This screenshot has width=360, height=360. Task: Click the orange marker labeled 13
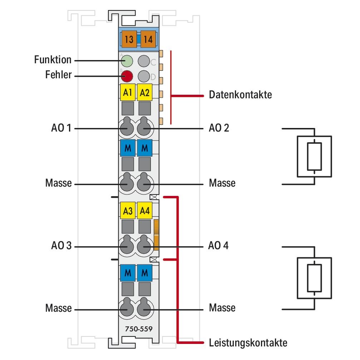pos(129,39)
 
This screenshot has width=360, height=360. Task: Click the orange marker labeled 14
pos(148,39)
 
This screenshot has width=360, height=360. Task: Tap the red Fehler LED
pos(127,76)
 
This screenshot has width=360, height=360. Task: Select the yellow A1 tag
pos(127,93)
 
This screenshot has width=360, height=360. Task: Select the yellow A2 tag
pos(145,93)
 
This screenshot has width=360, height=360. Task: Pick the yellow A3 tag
pos(127,211)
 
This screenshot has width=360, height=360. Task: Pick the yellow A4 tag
pos(145,211)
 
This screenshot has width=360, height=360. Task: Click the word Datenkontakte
pos(240,95)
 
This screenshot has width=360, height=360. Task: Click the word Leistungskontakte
pos(248,343)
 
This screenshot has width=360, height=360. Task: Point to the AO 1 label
pos(60,128)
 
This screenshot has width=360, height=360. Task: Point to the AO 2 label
pos(219,128)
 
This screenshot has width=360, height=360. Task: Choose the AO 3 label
pos(60,246)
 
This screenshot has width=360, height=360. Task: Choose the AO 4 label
pos(219,246)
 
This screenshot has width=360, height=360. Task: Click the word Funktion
pos(53,60)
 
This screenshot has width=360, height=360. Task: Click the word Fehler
pos(58,75)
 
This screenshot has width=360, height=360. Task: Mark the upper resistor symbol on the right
pos(314,156)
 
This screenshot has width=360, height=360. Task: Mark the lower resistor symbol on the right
pos(314,278)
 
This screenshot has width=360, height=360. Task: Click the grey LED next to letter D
pos(144,76)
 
